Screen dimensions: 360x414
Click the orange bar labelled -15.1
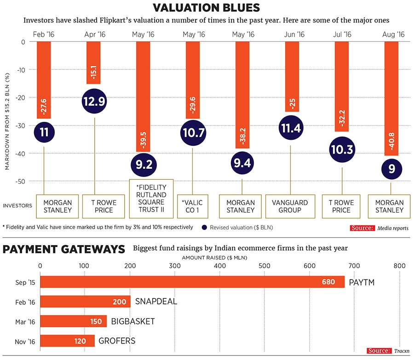95,62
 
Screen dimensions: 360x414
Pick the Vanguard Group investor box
290,206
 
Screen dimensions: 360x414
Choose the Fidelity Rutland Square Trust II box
151,199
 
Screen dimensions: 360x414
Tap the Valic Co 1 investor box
193,206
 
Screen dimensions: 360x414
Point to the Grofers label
117,341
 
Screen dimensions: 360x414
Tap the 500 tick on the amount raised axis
264,265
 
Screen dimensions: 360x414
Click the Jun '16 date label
294,34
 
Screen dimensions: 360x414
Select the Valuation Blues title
206,8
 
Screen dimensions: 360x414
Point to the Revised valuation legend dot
204,227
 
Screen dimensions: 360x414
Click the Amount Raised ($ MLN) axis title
215,257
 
